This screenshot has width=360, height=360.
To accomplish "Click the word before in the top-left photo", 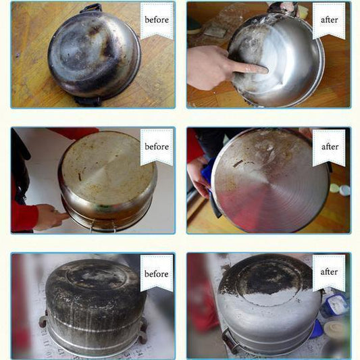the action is [157, 20].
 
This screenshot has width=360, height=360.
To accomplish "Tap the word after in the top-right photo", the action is [329, 20].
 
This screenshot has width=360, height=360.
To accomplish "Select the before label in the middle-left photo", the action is [157, 147].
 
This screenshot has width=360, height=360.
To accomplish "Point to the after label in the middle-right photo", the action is [330, 147].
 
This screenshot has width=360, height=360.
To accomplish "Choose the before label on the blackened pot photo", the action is [157, 274].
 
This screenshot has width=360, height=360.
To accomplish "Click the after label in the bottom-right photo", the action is [329, 272].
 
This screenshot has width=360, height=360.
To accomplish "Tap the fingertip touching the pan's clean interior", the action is [264, 70].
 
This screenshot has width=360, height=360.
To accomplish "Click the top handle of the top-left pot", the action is [91, 8].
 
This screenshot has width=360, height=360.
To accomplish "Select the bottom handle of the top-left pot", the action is [88, 101].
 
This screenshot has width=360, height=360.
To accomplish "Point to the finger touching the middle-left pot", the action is [62, 216].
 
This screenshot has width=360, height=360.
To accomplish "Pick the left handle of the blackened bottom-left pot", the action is [43, 321].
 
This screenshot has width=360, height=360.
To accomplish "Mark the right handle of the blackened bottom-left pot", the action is [143, 330].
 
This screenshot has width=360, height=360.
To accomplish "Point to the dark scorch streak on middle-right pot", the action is [238, 163].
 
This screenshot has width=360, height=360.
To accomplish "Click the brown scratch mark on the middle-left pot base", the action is [80, 176].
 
